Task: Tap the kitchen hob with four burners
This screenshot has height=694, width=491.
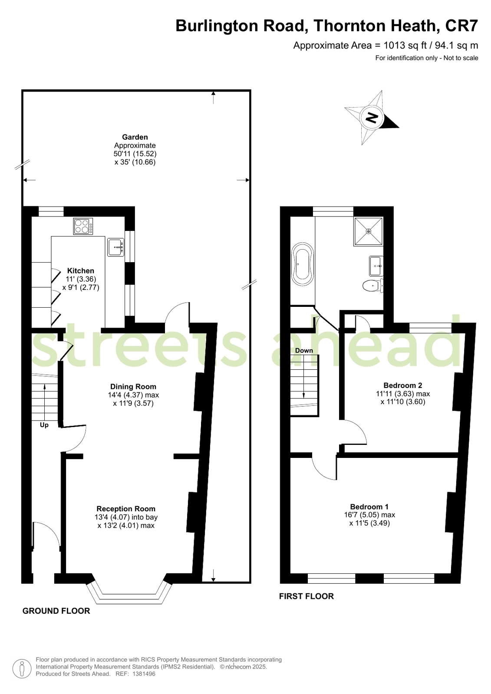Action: point(83,226)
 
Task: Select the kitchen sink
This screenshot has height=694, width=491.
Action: point(115,247)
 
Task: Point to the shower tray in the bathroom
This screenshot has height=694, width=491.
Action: point(369,231)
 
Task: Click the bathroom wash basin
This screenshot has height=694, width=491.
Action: point(376,266)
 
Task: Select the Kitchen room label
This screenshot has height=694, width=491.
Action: point(81,271)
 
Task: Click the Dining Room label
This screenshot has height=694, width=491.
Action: point(133,387)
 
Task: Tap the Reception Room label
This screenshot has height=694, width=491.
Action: point(126,509)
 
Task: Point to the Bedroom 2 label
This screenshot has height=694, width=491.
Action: point(403,385)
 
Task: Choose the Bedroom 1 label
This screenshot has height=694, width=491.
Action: point(369,507)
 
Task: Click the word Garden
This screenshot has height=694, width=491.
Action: point(135,137)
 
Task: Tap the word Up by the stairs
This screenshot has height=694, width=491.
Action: point(44,425)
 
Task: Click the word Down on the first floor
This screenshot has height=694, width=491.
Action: point(304,350)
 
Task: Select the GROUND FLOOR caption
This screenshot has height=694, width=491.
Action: point(56,611)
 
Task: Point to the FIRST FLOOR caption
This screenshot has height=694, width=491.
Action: point(306,596)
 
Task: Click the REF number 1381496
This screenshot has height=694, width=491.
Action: point(144,674)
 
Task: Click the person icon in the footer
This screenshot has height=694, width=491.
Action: point(22,669)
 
